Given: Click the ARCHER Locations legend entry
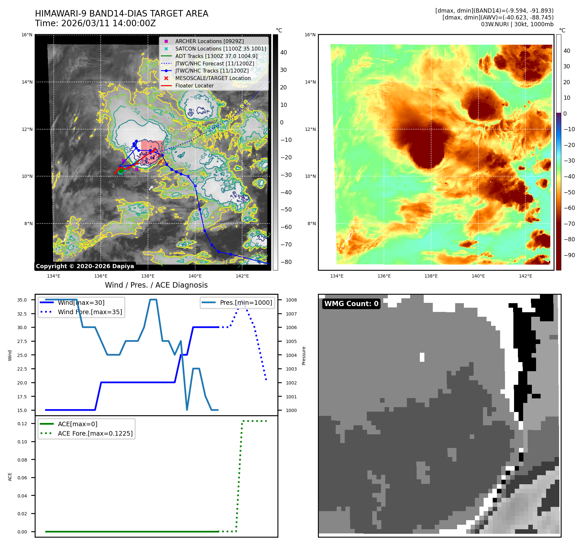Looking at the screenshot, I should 209,41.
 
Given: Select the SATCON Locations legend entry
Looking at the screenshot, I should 220,49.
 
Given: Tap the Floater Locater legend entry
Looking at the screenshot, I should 194,86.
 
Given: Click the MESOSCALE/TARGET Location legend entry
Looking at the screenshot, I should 213,78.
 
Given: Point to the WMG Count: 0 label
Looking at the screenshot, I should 351,303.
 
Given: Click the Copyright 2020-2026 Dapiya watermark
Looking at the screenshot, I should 85,266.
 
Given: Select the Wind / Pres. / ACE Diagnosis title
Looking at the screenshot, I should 156,285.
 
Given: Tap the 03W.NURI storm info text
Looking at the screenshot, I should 517,24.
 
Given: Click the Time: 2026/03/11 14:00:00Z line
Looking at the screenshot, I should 95,23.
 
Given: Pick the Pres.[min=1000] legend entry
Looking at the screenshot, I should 246,303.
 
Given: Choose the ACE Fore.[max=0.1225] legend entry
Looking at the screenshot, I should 95,433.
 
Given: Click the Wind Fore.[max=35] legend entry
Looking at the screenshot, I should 90,312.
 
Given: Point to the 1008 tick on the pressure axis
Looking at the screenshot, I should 291,300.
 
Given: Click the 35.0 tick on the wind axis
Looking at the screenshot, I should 22,300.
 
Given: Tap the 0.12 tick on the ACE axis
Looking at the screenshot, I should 22,424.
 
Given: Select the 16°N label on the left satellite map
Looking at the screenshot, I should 27,35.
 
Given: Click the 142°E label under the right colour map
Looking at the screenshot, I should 525,276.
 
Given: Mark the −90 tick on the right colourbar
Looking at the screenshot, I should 569,255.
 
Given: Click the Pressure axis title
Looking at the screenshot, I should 304,356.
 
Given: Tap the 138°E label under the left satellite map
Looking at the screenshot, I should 148,276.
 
